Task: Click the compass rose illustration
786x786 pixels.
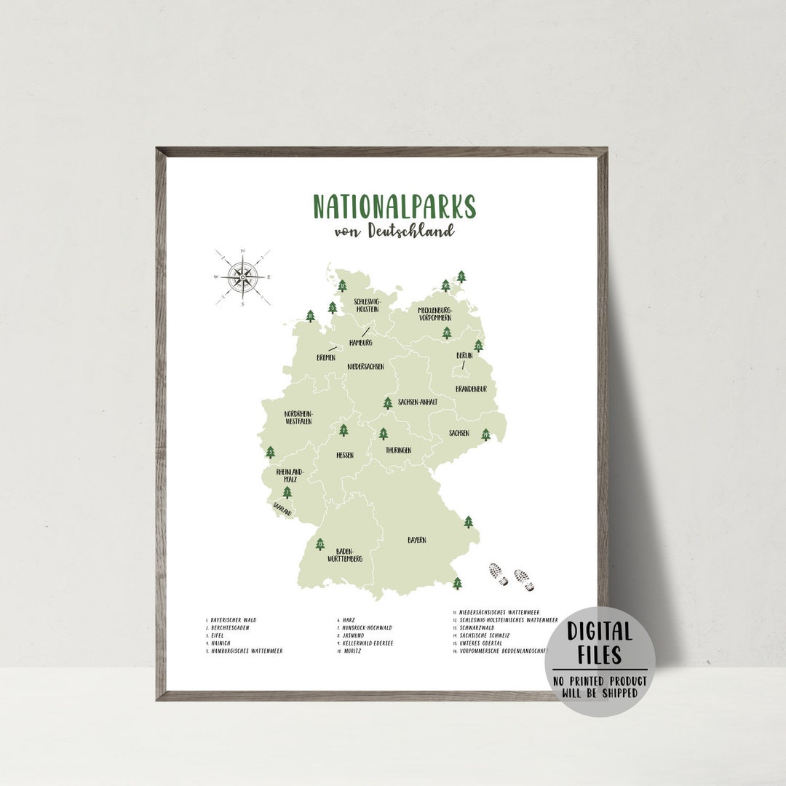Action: tap(242, 277)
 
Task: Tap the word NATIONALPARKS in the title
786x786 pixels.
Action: tap(394, 207)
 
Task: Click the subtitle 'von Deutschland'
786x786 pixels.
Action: tap(394, 230)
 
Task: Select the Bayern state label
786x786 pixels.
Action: tap(416, 540)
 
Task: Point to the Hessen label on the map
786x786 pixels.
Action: tap(344, 455)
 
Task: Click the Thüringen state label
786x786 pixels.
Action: tap(398, 450)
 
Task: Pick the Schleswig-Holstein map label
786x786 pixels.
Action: tap(367, 305)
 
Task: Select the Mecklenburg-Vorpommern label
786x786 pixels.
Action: tap(434, 314)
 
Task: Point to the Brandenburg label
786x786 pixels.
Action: tap(471, 389)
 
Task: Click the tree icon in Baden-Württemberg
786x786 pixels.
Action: tap(319, 544)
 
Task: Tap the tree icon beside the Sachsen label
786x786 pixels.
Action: tap(485, 434)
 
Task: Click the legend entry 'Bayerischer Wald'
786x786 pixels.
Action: tap(233, 620)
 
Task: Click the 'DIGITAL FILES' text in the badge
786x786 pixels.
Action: tap(600, 643)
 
